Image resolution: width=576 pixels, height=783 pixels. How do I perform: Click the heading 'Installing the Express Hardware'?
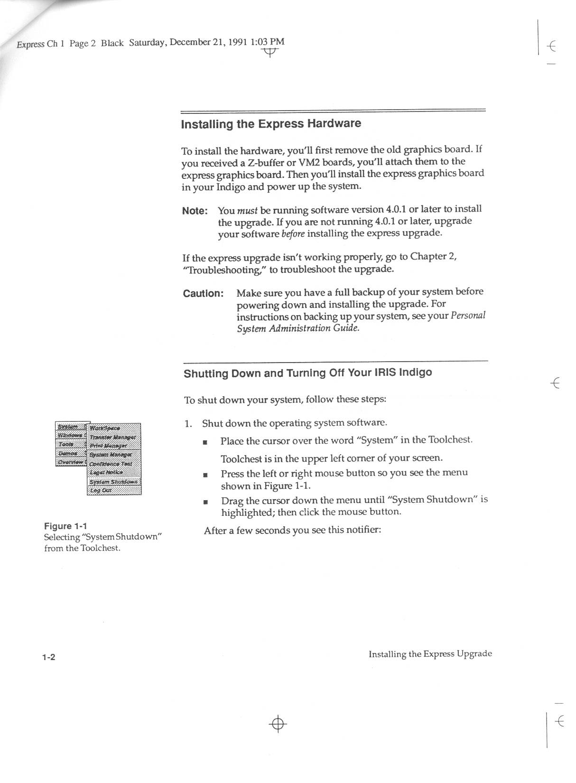tap(271, 124)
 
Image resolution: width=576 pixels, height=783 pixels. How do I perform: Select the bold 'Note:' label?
tap(195, 211)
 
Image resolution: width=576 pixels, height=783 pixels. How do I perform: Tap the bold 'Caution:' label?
tap(203, 293)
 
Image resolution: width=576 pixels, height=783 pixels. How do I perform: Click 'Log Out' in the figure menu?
tap(101, 491)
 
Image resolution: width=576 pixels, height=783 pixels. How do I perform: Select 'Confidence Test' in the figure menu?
tap(111, 464)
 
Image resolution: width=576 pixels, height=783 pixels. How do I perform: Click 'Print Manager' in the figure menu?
tap(108, 446)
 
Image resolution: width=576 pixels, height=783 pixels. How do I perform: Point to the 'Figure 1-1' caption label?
tap(65, 526)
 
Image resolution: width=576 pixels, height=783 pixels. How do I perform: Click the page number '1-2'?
tap(48, 657)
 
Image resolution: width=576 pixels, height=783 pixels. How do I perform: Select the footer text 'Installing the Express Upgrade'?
tap(430, 654)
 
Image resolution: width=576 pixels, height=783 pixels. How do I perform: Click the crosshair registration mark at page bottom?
tap(278, 724)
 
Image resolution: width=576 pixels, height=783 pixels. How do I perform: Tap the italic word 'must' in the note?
tap(247, 210)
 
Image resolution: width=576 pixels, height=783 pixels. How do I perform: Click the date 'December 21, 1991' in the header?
tap(208, 42)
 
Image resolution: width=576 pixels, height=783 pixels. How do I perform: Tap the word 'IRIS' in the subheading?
tap(385, 372)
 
